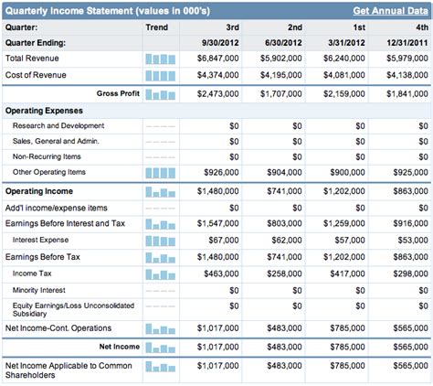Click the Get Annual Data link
(x=390, y=10)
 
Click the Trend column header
(x=156, y=27)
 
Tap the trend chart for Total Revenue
(x=160, y=59)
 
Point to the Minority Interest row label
(x=40, y=289)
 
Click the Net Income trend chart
(x=160, y=348)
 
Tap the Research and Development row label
(x=58, y=125)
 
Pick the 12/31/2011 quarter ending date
(x=404, y=43)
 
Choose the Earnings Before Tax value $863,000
(x=404, y=257)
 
